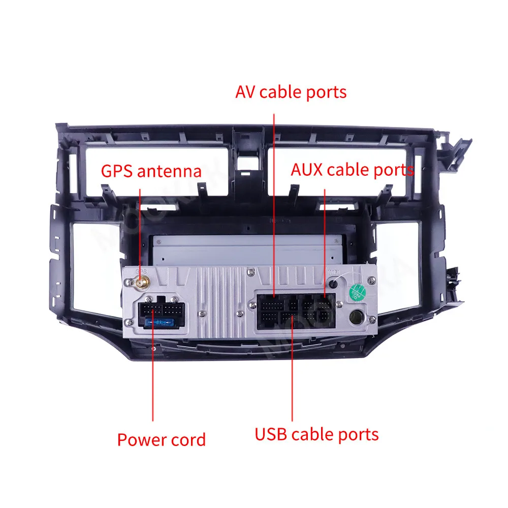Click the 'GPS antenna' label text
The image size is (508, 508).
151,171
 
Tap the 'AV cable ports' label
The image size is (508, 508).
291,92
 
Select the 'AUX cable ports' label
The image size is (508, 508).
352,170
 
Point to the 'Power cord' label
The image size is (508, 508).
161,439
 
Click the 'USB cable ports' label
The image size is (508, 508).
316,435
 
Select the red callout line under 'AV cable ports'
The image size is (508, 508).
274,203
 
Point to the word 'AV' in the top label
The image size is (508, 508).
245,92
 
